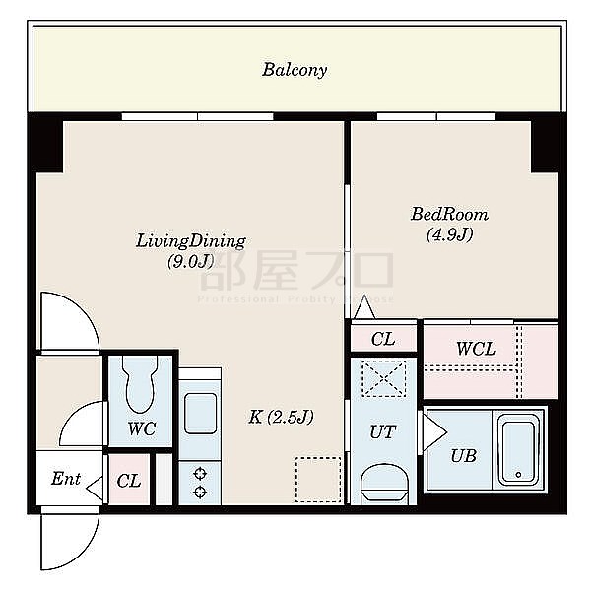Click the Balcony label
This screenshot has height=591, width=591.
(x=295, y=70)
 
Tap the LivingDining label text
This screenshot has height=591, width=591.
(x=190, y=240)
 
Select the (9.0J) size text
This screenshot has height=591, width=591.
(x=190, y=261)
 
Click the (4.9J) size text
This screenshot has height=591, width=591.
(x=450, y=234)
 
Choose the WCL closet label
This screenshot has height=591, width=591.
(x=476, y=349)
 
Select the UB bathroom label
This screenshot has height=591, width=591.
(x=463, y=456)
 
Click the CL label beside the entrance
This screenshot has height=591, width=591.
(x=129, y=481)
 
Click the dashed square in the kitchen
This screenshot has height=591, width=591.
(x=318, y=479)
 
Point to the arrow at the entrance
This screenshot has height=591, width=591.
(x=95, y=487)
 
